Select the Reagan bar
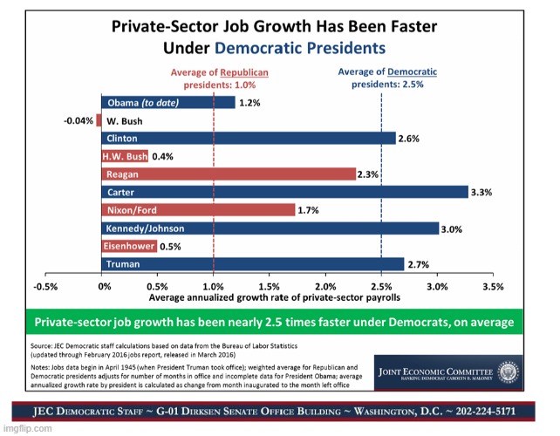tap(230, 174)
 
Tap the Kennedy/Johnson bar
tap(271, 228)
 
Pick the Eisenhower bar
tap(131, 246)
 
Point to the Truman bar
tap(254, 263)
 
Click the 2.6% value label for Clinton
tap(408, 139)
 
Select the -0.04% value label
tap(79, 120)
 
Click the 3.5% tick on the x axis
tap(493, 286)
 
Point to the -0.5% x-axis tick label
tap(45, 286)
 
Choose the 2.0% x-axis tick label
tap(325, 286)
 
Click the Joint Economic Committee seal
tap(387, 370)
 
